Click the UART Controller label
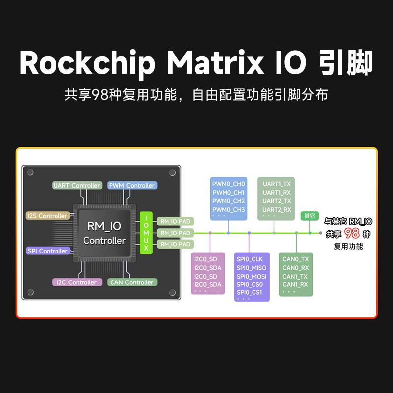pyautogui.click(x=77, y=185)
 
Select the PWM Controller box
pyautogui.click(x=132, y=185)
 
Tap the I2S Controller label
pyautogui.click(x=47, y=216)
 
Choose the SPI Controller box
pyautogui.click(x=48, y=251)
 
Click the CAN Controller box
pyautogui.click(x=132, y=282)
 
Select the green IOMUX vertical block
pyautogui.click(x=146, y=233)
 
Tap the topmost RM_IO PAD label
pyautogui.click(x=175, y=222)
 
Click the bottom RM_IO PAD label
pyautogui.click(x=175, y=244)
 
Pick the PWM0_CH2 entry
pyautogui.click(x=228, y=201)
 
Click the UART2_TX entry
pyautogui.click(x=277, y=201)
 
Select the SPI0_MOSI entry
pyautogui.click(x=252, y=276)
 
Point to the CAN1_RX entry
pyautogui.click(x=295, y=284)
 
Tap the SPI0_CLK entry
pyautogui.click(x=250, y=259)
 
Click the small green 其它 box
pyautogui.click(x=309, y=216)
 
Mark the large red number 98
pyautogui.click(x=352, y=233)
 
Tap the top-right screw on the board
pyautogui.click(x=172, y=173)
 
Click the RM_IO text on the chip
pyautogui.click(x=104, y=226)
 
